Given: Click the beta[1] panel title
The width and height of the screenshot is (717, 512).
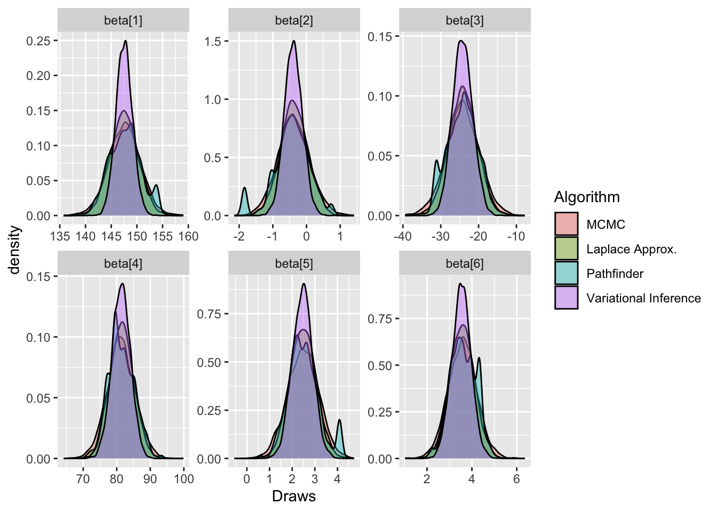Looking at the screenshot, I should [x=123, y=21].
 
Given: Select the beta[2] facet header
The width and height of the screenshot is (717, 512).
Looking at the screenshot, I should [x=294, y=21].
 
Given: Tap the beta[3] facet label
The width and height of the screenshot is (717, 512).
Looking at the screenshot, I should [x=465, y=21].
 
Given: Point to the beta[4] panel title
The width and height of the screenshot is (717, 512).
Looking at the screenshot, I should [x=123, y=264].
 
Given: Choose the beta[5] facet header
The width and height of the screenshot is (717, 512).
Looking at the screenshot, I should [x=294, y=264].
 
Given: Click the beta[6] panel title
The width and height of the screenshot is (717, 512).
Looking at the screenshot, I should [x=465, y=264].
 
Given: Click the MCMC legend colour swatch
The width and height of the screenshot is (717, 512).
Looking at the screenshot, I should [x=566, y=225].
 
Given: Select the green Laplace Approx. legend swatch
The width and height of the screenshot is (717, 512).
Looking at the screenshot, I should [x=566, y=249].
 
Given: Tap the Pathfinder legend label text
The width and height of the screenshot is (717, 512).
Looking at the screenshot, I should [x=615, y=274].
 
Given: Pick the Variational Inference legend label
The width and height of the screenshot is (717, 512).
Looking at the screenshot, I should [x=643, y=298].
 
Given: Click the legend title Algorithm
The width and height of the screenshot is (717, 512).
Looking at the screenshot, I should [x=587, y=197].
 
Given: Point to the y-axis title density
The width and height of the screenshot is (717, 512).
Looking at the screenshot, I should [x=15, y=250].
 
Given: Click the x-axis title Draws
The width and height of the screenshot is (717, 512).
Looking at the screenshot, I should [x=294, y=497].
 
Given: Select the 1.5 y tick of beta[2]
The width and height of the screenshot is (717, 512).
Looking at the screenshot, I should [x=213, y=42].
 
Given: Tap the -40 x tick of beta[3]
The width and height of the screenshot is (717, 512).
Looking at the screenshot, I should [x=403, y=236].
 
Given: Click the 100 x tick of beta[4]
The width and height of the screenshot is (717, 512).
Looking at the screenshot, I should [x=184, y=479].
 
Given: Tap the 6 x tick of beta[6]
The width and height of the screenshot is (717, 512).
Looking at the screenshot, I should [x=516, y=479].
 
